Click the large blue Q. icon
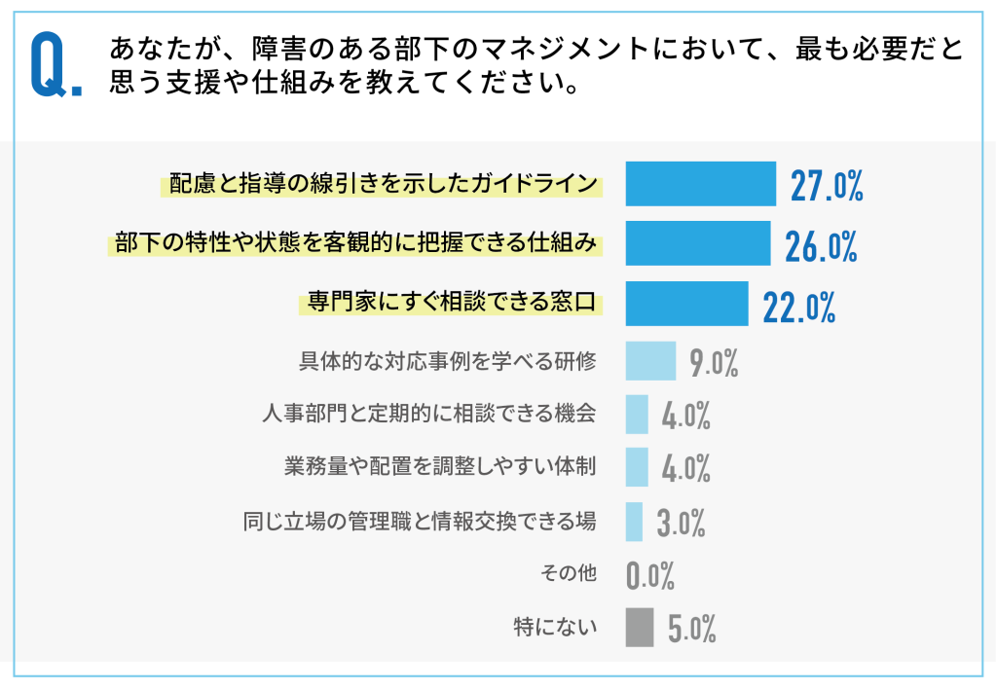coord(55,65)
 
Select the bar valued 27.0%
coord(701,184)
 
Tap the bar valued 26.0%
coord(698,243)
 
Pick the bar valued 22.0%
coord(686,304)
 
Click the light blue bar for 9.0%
coord(650,361)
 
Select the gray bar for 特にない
coord(640,628)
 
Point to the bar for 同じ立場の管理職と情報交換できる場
coord(634,522)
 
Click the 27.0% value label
coord(827,186)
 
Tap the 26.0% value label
coord(821,246)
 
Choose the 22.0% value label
coord(799,308)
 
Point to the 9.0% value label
coord(714,363)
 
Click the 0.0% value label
coord(649,575)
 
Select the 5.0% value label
coord(692,629)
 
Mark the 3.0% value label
coord(681,524)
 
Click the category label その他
coord(569,573)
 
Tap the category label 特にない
coord(555,627)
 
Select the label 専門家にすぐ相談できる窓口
coord(452,301)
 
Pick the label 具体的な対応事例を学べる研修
coord(448,361)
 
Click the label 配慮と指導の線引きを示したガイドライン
coord(384,184)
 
